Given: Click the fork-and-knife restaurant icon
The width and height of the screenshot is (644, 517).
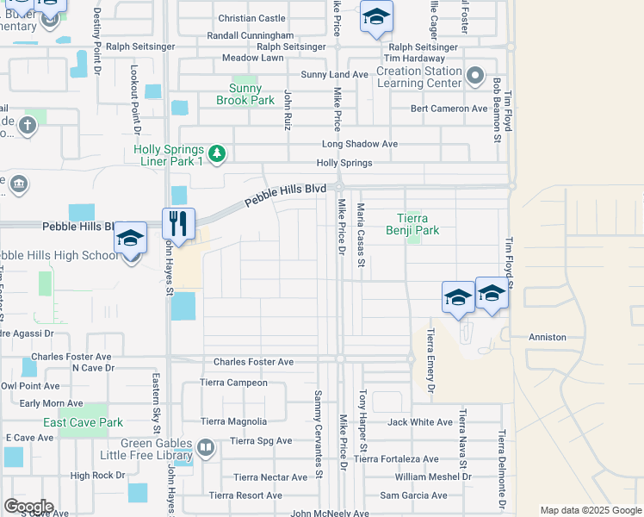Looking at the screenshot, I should click(x=178, y=223).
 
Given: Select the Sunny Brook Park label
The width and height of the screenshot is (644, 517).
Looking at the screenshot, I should click(x=251, y=94).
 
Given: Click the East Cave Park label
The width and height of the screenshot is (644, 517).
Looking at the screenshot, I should click(x=84, y=423).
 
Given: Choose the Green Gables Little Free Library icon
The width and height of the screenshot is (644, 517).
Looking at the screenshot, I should click(x=205, y=447).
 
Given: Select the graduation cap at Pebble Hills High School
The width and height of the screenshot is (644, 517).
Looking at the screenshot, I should click(x=130, y=238).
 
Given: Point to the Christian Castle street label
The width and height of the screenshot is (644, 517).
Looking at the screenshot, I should click(x=251, y=18).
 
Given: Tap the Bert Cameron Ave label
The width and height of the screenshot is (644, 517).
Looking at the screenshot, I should click(x=449, y=109).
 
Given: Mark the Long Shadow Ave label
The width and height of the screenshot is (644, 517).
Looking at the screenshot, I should click(x=360, y=144).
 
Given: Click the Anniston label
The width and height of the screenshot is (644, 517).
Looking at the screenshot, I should click(x=548, y=337).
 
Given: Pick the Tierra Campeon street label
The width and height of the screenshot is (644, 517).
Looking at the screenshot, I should click(x=233, y=383).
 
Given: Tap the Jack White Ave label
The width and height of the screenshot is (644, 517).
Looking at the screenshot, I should click(x=420, y=422).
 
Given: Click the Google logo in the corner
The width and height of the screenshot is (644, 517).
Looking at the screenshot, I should click(x=28, y=507).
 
